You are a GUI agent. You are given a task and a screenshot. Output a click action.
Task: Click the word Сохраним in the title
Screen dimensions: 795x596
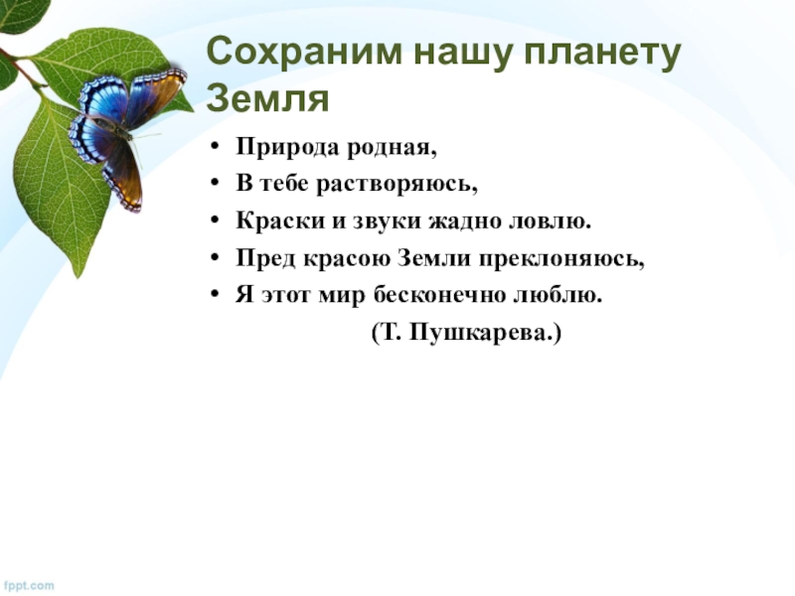[304, 52]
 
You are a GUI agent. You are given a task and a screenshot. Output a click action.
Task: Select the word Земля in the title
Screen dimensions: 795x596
[267, 98]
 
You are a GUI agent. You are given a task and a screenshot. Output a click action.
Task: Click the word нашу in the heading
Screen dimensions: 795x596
[462, 55]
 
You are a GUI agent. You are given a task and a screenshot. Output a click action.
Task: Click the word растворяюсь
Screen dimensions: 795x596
[397, 184]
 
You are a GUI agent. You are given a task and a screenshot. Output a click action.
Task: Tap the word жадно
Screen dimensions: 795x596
[464, 222]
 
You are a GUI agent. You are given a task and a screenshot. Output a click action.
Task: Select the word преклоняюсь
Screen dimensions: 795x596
[561, 259]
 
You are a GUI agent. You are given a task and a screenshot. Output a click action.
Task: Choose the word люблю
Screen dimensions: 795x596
[557, 294]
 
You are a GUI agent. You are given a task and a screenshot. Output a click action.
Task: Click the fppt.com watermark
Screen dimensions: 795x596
[27, 585]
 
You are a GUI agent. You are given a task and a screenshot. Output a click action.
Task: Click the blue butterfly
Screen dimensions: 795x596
[127, 133]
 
